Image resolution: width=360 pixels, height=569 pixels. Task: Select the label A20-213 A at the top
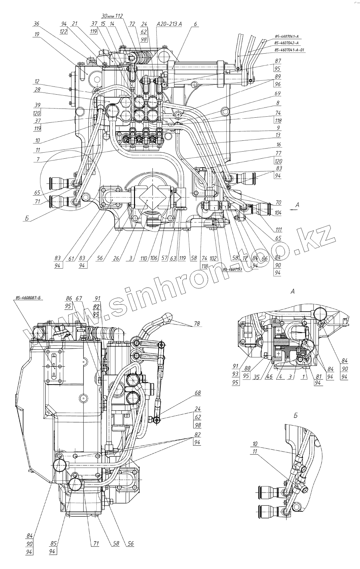point(169,24)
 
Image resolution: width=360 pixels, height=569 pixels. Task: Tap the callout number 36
point(37,24)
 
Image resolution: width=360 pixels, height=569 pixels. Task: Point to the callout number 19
point(37,34)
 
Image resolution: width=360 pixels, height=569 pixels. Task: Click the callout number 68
point(197,393)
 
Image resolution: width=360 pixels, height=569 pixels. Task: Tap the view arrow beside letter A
point(293,210)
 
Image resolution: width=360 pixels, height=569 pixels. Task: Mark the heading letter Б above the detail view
point(295,416)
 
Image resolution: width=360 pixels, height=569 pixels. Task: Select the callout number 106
point(154,258)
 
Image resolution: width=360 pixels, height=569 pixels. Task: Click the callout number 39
point(37,104)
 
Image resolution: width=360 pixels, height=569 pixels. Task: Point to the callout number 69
point(278,93)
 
